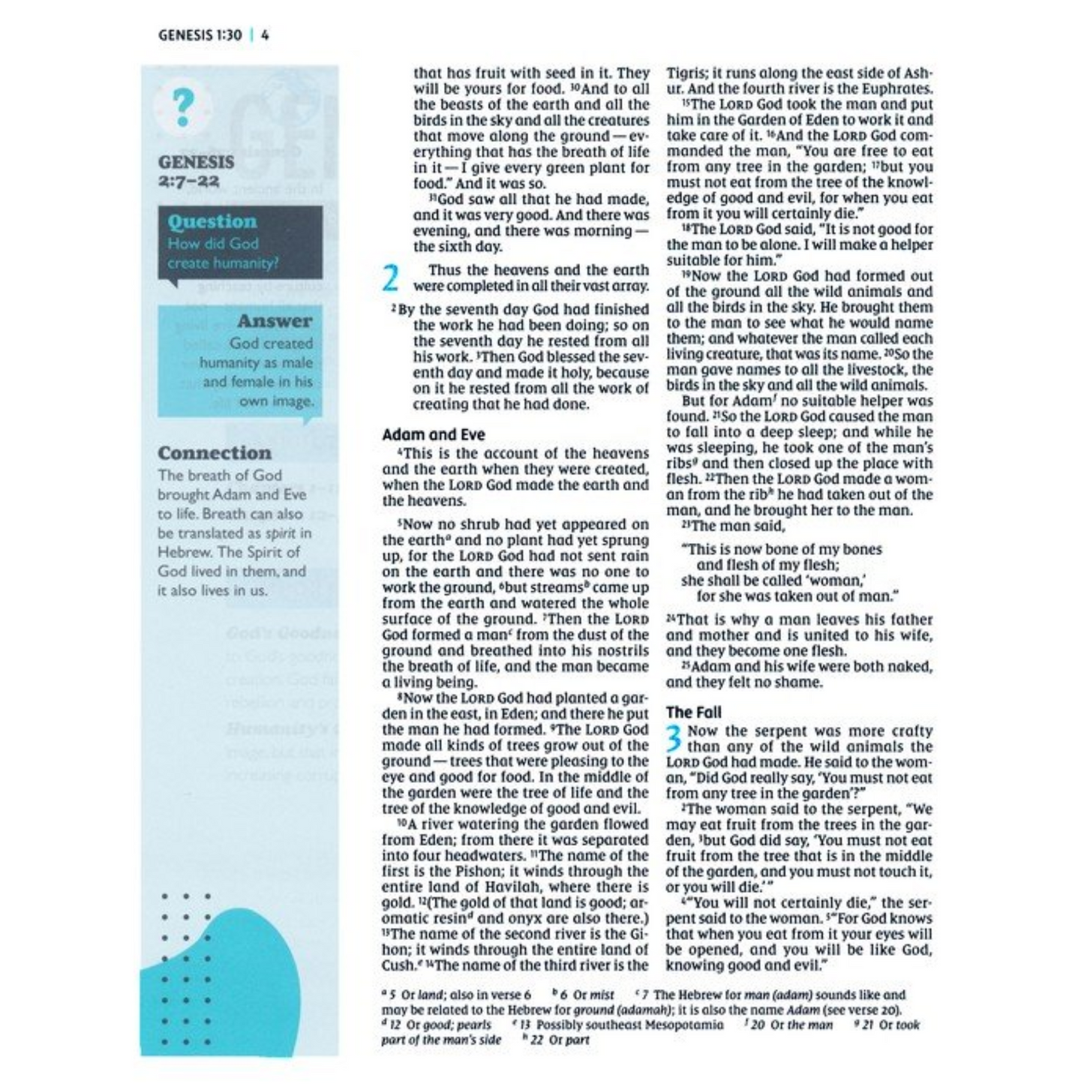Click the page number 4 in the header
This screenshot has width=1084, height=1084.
(265, 35)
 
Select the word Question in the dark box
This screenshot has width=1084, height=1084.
(212, 221)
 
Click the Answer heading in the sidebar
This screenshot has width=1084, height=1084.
(275, 320)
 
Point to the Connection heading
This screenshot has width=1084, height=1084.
(215, 453)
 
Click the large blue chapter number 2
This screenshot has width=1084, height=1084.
(391, 278)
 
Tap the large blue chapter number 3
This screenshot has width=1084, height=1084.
(674, 737)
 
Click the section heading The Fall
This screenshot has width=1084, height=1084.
(693, 712)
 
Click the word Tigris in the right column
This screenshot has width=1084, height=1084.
(686, 73)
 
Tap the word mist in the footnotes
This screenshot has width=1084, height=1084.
(602, 995)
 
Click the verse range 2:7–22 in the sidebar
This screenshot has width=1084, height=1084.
(188, 181)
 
